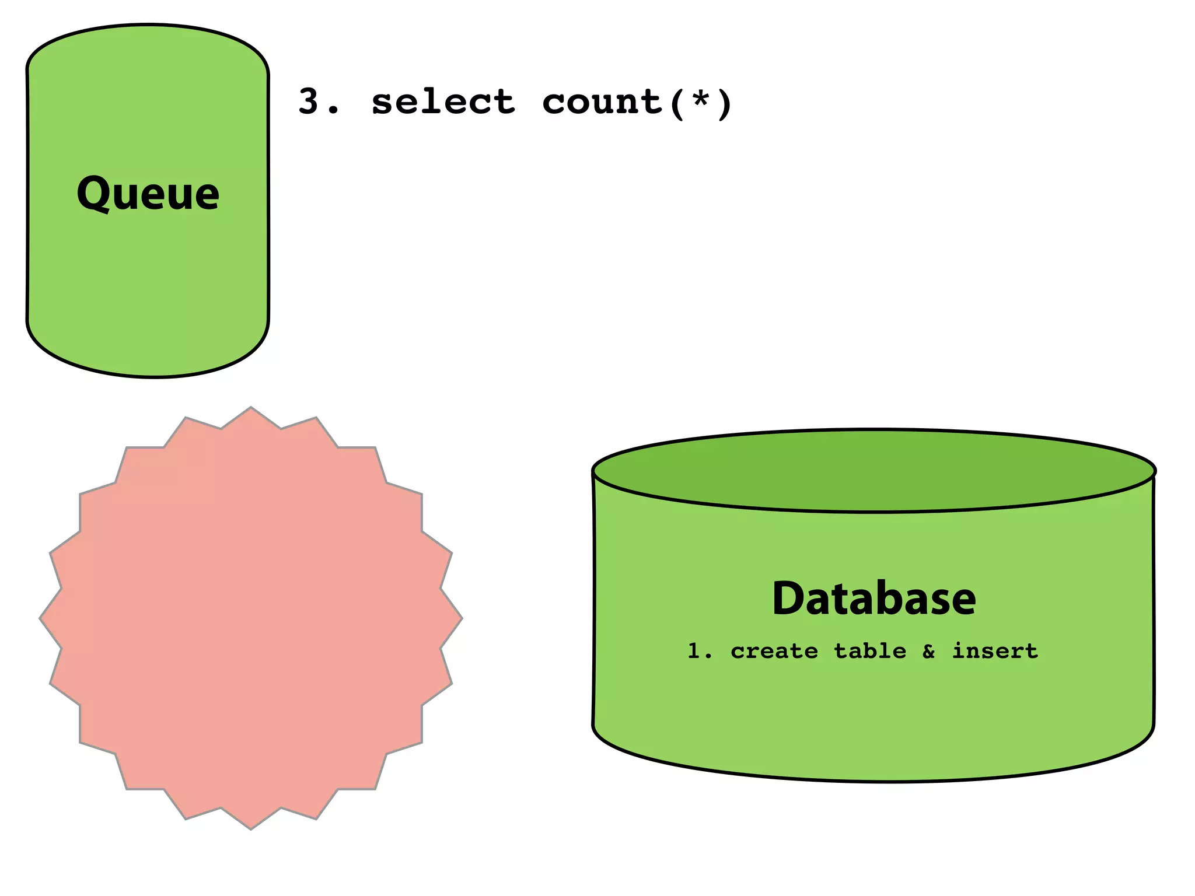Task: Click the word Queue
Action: click(148, 193)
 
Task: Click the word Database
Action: click(873, 598)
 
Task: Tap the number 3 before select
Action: click(309, 101)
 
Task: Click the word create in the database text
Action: click(774, 651)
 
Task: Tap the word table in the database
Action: click(870, 650)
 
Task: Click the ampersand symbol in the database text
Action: click(928, 651)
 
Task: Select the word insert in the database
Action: click(995, 650)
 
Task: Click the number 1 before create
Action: click(694, 651)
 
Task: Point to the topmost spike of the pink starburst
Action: click(251, 411)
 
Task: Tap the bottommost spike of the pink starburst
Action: click(251, 825)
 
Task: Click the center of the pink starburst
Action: click(251, 618)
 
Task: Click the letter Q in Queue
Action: click(93, 193)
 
